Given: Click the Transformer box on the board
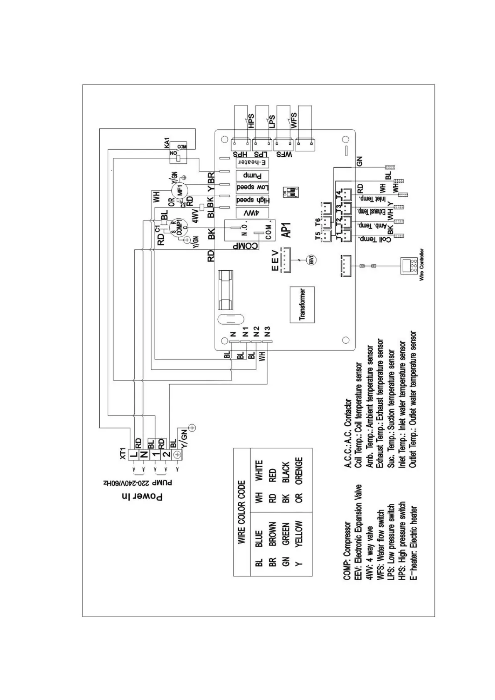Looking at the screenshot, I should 302,305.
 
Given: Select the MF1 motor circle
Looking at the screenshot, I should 180,190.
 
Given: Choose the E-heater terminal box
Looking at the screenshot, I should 252,163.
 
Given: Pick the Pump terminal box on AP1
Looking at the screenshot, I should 252,175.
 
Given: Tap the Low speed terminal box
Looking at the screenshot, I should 252,187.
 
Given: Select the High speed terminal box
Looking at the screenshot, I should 252,200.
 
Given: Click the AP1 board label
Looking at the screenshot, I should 286,229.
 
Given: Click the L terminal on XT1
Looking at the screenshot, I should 134,454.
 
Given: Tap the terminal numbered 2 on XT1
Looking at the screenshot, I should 166,454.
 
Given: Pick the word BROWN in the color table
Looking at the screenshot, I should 273,534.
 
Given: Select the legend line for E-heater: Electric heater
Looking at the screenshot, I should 413,540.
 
